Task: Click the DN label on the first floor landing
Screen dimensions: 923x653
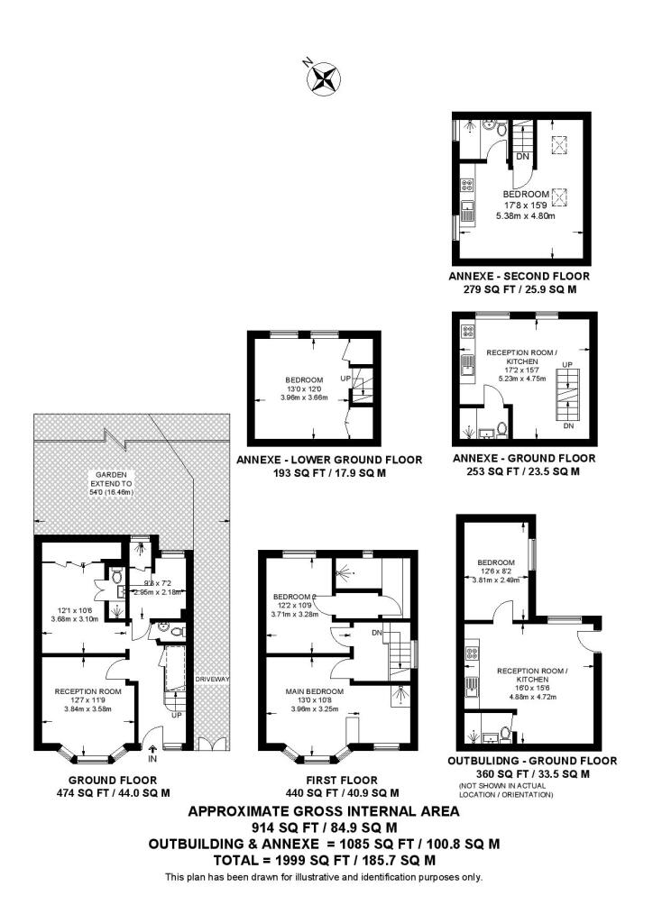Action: pos(377,633)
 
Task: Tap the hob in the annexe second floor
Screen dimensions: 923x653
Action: pos(468,187)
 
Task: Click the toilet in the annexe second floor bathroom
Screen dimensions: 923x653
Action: pos(490,127)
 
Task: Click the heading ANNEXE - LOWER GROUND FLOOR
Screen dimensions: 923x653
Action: pos(329,460)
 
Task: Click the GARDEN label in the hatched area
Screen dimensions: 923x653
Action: pos(114,473)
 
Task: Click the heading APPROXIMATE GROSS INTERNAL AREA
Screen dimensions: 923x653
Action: pos(323,811)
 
